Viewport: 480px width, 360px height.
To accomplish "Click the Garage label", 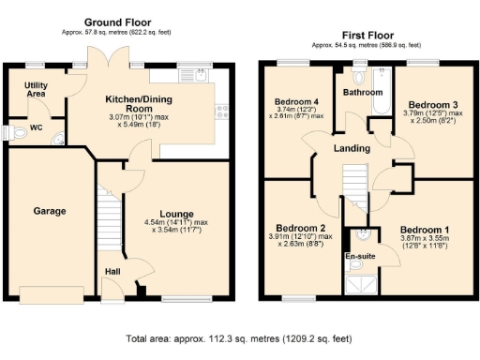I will point(50,211).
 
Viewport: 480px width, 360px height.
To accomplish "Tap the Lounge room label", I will point(175,213).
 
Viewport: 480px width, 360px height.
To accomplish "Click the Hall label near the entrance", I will point(111,271).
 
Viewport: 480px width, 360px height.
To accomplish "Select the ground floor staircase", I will point(111,215).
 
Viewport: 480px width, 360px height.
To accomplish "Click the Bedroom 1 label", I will point(425,229).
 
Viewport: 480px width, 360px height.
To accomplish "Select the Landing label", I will point(352,148).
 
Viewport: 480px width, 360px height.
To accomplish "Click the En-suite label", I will point(361,255).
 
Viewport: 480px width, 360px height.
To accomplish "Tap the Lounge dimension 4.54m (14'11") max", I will point(175,223).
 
